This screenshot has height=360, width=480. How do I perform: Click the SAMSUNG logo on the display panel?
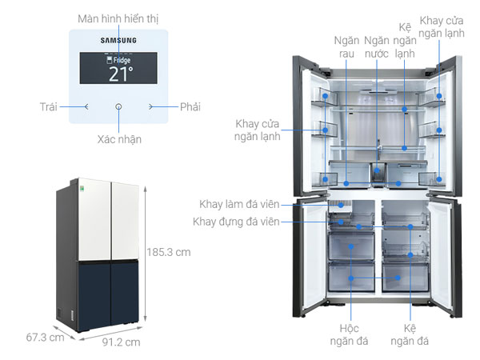[118, 39]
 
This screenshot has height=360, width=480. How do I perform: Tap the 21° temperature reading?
[119, 74]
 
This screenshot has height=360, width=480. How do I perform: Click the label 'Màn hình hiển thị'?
[118, 17]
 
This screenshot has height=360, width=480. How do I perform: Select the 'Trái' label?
[50, 106]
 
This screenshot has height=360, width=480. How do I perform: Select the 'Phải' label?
[190, 106]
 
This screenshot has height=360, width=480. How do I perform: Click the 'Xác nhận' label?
[119, 139]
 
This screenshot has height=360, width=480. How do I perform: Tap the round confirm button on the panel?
[119, 106]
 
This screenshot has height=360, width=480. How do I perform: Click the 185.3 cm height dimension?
[169, 251]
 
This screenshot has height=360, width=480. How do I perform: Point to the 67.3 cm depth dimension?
[44, 337]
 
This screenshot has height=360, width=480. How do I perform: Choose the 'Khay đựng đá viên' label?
[237, 222]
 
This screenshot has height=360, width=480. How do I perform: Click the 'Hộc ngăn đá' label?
[348, 335]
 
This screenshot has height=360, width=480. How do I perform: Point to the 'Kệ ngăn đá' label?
[410, 335]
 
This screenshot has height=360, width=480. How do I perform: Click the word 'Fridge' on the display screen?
[122, 60]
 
